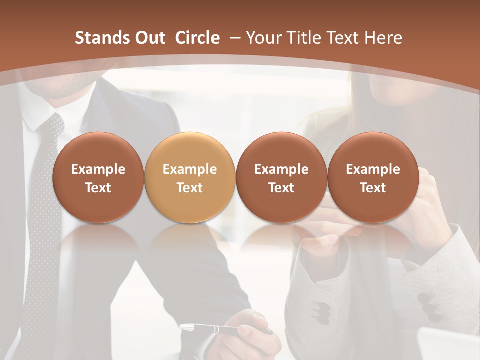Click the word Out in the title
(149, 38)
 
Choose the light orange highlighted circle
(189, 178)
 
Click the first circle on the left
(98, 178)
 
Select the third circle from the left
(281, 178)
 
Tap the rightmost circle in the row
(373, 178)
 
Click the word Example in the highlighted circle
(190, 169)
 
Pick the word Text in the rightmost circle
(373, 188)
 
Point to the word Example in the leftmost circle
(98, 169)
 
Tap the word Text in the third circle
(281, 188)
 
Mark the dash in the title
(233, 38)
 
